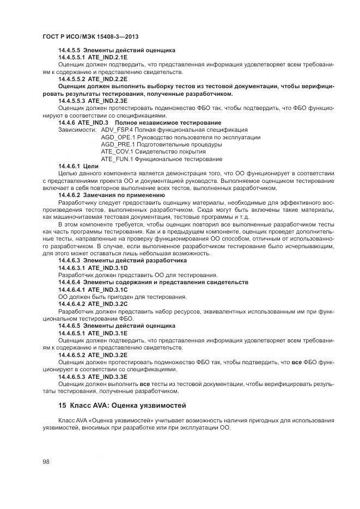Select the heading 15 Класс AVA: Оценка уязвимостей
122,406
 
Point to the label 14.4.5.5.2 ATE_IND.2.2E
93,79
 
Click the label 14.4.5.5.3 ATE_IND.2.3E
93,101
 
